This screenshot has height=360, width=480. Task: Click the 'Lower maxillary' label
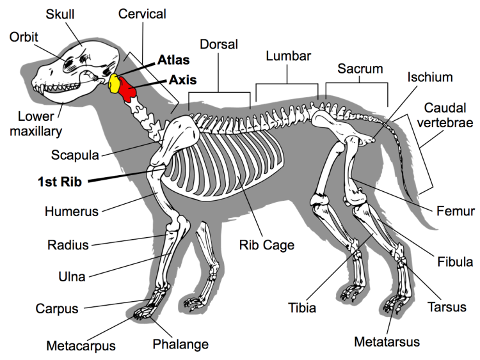(x=40, y=124)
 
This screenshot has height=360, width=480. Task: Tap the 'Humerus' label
(x=68, y=210)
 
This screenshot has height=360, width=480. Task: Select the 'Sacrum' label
(x=360, y=68)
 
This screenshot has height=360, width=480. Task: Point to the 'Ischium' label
(x=429, y=77)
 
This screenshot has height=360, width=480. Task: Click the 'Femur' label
(x=456, y=210)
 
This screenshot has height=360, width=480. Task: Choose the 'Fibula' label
(x=455, y=262)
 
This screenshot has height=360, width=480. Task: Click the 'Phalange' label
(x=180, y=344)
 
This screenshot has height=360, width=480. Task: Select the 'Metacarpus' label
(x=81, y=346)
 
